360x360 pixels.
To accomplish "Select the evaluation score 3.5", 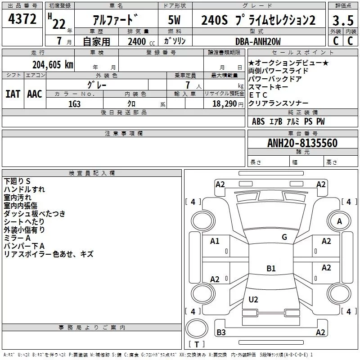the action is (343, 20).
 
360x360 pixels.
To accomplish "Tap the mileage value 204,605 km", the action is (53, 64).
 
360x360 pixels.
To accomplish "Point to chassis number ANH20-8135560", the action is (302, 143).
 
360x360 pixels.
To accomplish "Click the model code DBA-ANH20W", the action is (258, 41).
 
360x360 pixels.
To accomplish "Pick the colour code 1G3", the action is (74, 103).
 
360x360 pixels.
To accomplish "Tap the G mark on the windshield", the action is (284, 237).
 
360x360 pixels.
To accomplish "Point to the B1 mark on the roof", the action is (271, 269).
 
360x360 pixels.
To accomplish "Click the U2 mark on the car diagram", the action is (253, 300).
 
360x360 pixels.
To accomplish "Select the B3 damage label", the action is (221, 333).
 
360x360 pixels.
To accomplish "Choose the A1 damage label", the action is (215, 241).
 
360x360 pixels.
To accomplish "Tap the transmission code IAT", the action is (13, 94).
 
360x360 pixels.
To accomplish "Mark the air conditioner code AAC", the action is (34, 94).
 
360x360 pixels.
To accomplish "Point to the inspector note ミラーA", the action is (17, 238).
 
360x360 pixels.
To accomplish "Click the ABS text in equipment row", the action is (258, 121).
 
